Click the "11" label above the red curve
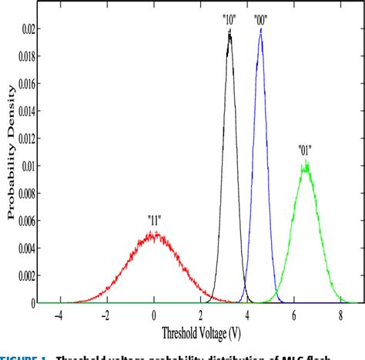click(154, 218)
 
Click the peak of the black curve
click(229, 32)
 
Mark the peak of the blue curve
click(260, 31)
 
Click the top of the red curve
click(154, 233)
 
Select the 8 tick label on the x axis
click(340, 315)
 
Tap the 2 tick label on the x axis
click(200, 315)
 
